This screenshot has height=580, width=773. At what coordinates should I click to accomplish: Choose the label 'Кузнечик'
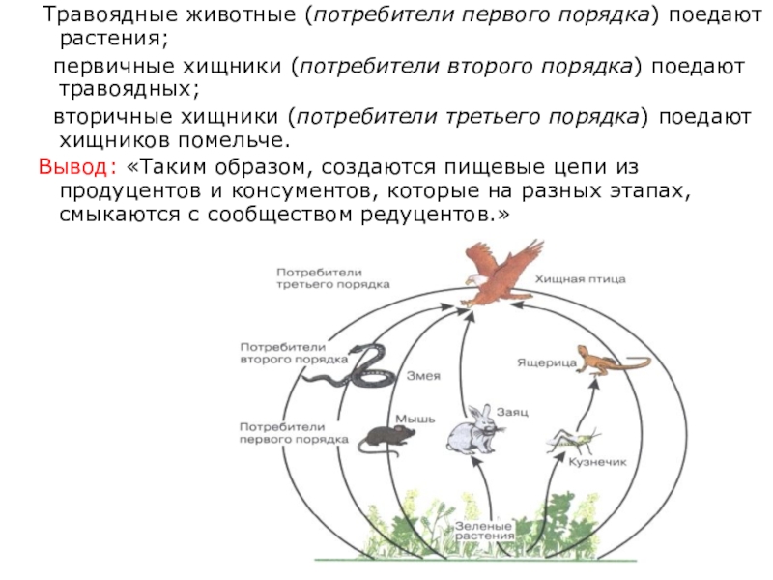[598, 463]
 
